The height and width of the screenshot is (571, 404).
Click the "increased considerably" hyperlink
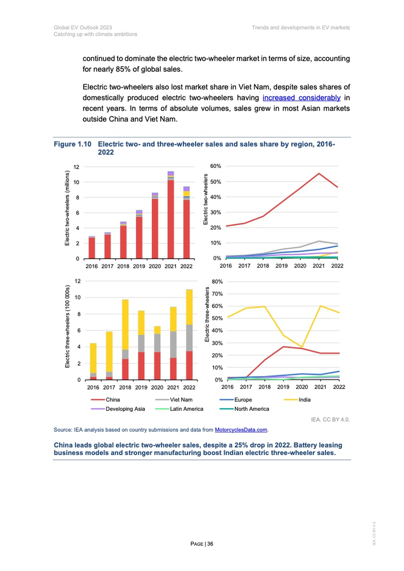301,98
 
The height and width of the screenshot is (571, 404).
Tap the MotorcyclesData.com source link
241,430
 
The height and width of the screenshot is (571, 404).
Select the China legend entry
113,399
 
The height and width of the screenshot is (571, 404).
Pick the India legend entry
306,399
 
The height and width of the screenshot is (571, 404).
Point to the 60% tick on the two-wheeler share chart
215,166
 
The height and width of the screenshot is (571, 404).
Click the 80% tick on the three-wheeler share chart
215,281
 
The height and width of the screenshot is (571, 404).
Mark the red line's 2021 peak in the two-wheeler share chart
319,173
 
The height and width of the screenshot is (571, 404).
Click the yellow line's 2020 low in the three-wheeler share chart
301,347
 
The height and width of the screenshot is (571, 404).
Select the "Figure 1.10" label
73,144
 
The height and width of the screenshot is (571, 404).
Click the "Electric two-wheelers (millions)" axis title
68,209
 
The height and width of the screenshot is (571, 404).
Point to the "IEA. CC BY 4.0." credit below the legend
331,419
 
